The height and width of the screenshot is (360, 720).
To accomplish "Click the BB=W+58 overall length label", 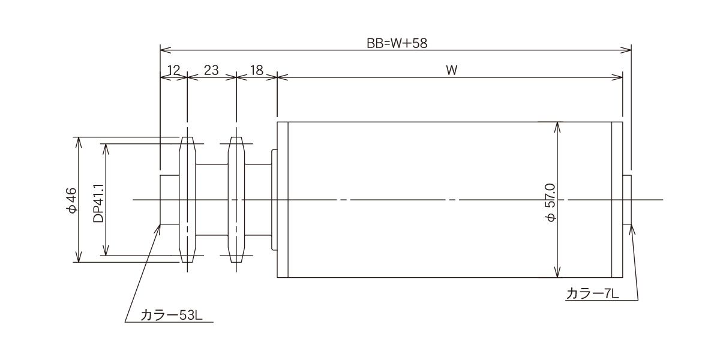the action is coord(397,43).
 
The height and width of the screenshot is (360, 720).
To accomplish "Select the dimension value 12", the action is coord(173,70).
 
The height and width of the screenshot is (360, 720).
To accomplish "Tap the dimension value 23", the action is coord(211,70).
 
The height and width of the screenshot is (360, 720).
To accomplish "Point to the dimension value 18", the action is coord(257,70).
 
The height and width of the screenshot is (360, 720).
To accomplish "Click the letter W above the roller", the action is coord(452,70).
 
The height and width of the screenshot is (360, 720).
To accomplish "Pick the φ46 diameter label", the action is coord(71,200).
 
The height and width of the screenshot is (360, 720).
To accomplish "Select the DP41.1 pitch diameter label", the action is coord(98,203).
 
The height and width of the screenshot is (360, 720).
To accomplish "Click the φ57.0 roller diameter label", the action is coord(550,203).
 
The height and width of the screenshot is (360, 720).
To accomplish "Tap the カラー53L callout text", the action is coord(172,316).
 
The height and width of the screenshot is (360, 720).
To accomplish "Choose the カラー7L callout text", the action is coord(592,294).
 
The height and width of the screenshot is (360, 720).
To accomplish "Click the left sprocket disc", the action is coord(187,200).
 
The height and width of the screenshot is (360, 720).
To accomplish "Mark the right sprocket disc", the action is coord(236,200).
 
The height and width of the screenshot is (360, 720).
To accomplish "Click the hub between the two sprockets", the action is coord(212,200).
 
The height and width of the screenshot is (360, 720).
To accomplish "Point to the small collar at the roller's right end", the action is coord(627,200).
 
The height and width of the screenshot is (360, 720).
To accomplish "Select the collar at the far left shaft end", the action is coord(170,200).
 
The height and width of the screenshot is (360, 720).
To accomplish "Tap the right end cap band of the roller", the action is coord(617,200).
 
